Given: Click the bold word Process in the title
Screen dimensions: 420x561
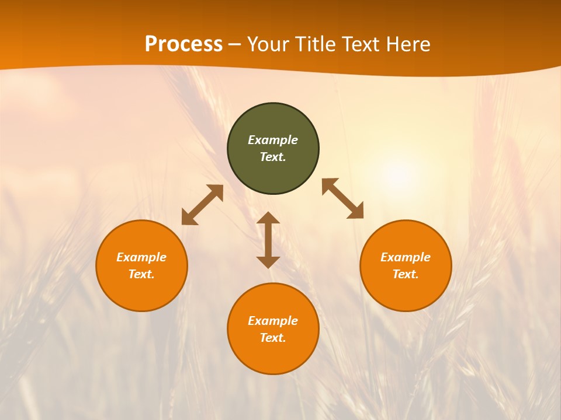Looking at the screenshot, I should pyautogui.click(x=183, y=44).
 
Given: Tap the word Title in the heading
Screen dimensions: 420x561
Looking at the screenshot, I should pyautogui.click(x=317, y=44).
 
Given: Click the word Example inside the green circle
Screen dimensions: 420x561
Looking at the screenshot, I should pyautogui.click(x=273, y=140).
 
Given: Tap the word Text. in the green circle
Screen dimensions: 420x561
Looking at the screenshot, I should pyautogui.click(x=273, y=157).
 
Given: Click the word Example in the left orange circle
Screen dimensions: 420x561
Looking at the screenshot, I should pyautogui.click(x=141, y=257).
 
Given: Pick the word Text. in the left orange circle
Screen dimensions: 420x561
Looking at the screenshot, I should pyautogui.click(x=141, y=274).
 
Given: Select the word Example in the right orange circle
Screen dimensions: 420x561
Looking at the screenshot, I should pyautogui.click(x=406, y=257).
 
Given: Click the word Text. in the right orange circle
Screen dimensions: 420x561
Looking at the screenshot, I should pyautogui.click(x=406, y=274).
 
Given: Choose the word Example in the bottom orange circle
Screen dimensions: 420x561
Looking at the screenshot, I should pyautogui.click(x=273, y=321).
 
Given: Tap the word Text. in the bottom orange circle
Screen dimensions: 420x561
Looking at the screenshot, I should pyautogui.click(x=273, y=338).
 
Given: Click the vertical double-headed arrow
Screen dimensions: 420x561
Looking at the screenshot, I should pyautogui.click(x=268, y=240).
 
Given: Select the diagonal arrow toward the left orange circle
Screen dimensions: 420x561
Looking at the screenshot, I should pyautogui.click(x=202, y=205).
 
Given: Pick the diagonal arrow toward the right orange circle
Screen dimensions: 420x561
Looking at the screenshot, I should pyautogui.click(x=342, y=198).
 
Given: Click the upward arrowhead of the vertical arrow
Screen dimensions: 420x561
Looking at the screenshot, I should pyautogui.click(x=268, y=218).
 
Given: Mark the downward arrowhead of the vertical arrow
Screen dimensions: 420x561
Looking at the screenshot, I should pyautogui.click(x=268, y=262).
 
